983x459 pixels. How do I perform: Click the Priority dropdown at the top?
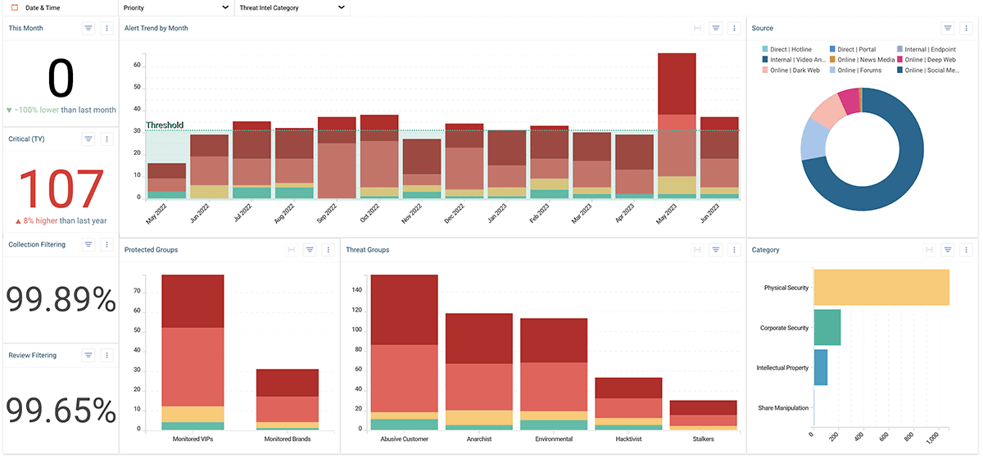[175, 7]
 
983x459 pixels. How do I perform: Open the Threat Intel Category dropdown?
[292, 7]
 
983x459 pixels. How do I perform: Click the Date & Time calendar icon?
[14, 7]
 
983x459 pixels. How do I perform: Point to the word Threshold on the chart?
[165, 125]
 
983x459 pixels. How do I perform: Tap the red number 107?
[61, 189]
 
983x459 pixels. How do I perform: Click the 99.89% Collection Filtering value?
[61, 301]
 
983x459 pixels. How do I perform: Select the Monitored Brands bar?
[287, 399]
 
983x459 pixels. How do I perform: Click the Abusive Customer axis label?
[404, 439]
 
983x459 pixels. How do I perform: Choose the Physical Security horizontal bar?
[881, 288]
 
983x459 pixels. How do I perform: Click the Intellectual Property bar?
[820, 367]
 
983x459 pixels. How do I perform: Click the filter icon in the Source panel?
[948, 28]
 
